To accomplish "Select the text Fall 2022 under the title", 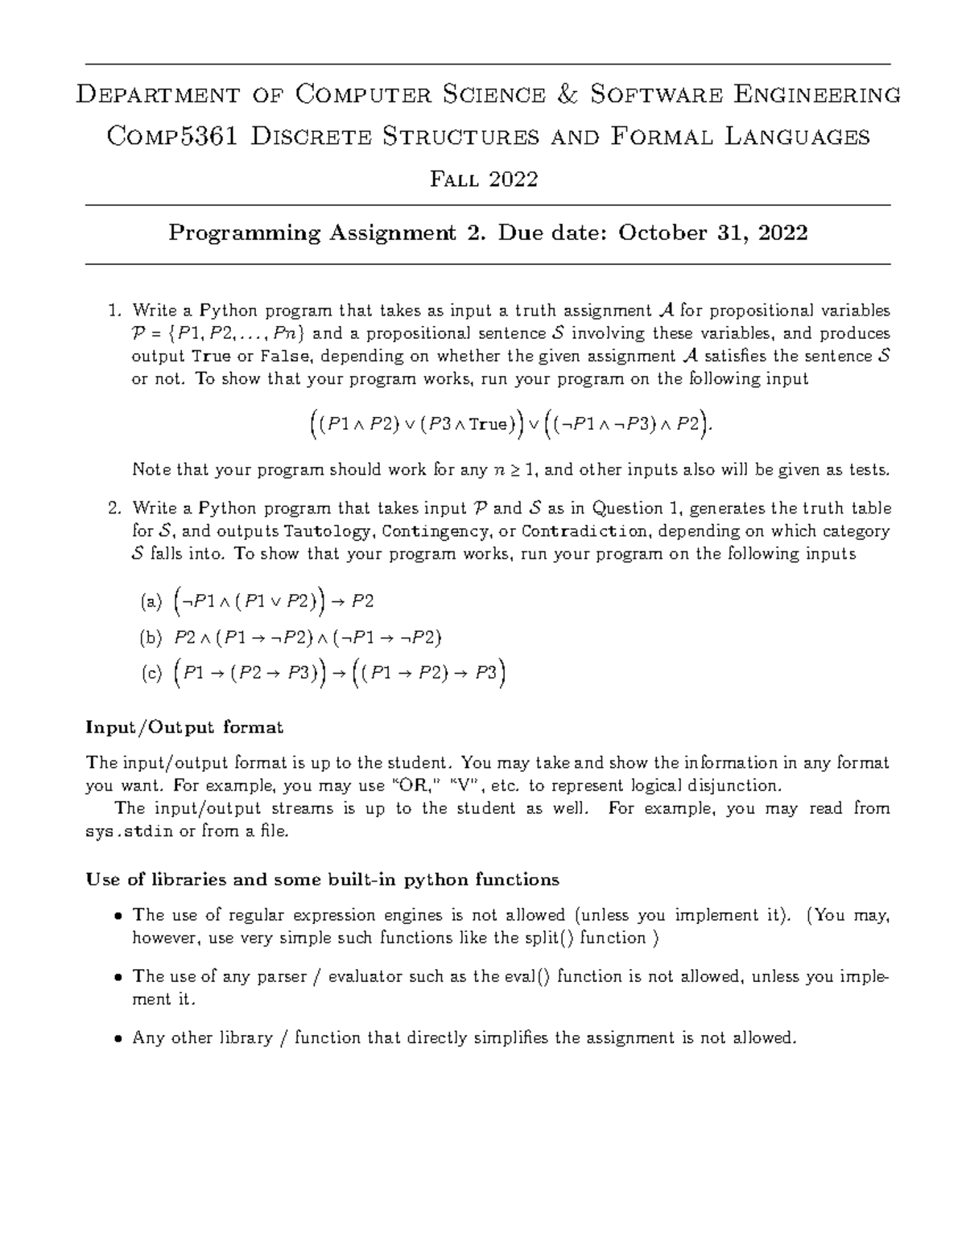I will (484, 179).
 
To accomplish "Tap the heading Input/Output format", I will (184, 728).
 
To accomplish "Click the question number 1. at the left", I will (115, 311).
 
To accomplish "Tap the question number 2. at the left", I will (115, 509).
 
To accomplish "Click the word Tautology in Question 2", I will (328, 531).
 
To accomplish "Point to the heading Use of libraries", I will (322, 880).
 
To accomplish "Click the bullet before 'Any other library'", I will (118, 1039).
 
